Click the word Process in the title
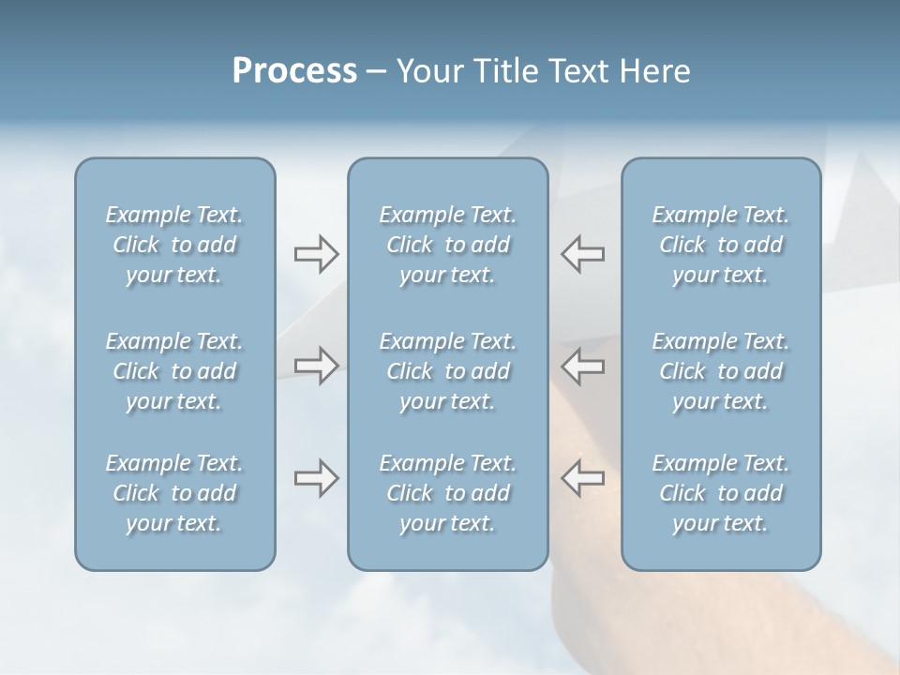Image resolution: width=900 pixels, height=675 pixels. click(294, 71)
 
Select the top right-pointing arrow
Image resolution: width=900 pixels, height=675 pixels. click(316, 254)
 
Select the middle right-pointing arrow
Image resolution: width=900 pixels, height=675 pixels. click(316, 366)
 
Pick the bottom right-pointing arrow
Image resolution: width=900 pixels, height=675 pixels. click(316, 478)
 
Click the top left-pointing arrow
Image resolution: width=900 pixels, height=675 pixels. click(582, 254)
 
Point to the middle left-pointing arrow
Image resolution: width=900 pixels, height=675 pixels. click(582, 366)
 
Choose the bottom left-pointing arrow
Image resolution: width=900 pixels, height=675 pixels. click(582, 478)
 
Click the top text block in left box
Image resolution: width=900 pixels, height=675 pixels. click(174, 245)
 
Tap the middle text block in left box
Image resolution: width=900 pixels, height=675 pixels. click(174, 371)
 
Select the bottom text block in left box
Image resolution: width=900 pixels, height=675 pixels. click(174, 493)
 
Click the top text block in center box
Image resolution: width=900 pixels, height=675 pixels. click(447, 245)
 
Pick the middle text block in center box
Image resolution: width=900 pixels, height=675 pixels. click(447, 371)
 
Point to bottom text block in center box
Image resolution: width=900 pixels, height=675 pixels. click(447, 493)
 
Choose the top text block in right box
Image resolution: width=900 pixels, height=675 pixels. click(720, 245)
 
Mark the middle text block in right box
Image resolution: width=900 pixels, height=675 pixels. click(720, 371)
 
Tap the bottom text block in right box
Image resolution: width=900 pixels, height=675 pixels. click(720, 493)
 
